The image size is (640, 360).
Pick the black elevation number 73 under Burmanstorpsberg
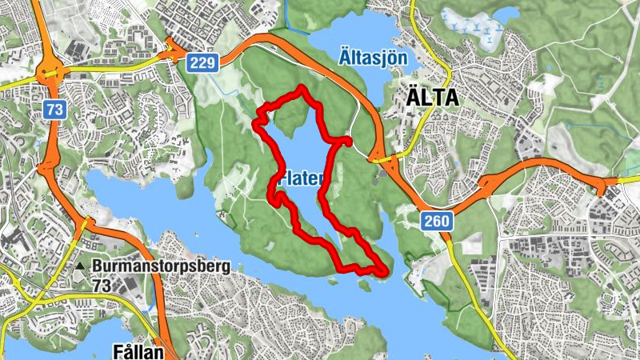[102, 285]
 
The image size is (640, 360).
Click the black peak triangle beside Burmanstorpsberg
[81, 266]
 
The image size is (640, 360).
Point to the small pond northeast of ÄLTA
[506, 15]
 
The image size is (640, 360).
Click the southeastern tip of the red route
[387, 272]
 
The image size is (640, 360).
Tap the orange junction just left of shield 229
[172, 54]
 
